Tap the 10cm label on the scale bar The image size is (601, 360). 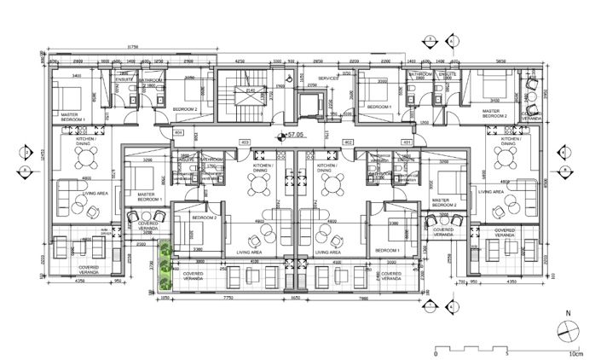(x=577, y=353)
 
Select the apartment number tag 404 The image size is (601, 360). (x=179, y=133)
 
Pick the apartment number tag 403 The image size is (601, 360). (x=244, y=142)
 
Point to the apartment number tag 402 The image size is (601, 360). (x=348, y=142)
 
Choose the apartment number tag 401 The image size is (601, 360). (x=407, y=142)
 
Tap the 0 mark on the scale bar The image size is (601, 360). (x=436, y=353)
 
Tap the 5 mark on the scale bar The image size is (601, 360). (x=506, y=353)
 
